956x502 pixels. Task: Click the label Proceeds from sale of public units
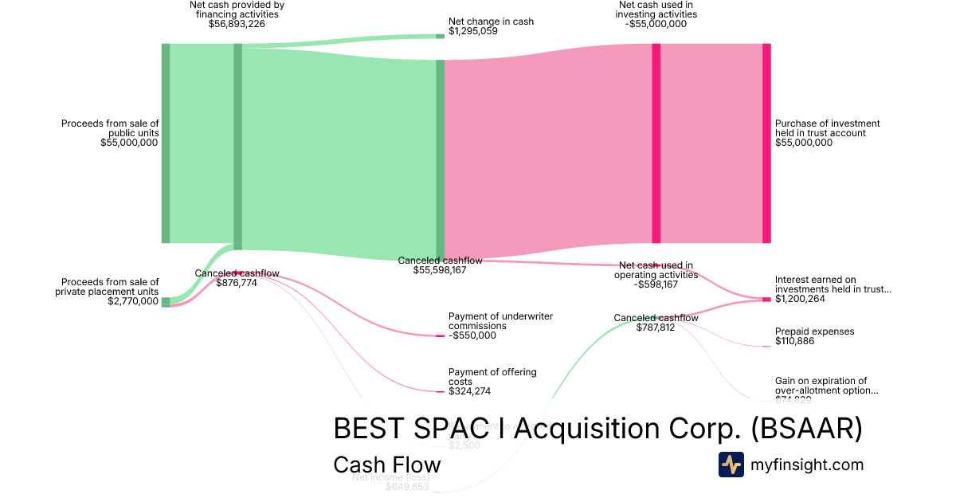[110, 128]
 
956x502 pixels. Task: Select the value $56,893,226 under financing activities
[237, 24]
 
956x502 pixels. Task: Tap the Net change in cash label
[491, 22]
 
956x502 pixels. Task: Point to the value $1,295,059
[473, 32]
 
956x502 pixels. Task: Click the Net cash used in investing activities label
[656, 10]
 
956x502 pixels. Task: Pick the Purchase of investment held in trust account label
[827, 128]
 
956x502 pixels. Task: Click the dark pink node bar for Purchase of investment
[766, 143]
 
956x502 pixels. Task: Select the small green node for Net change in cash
[440, 36]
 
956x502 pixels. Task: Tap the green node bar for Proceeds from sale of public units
[166, 143]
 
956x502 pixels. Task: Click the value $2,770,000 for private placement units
[132, 301]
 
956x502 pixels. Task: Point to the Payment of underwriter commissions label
[500, 321]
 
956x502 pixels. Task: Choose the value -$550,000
[472, 335]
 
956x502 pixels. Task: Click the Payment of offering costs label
[492, 377]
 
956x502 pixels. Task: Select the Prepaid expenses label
[814, 331]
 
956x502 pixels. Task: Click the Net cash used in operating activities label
[656, 270]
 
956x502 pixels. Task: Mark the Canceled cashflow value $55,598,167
[440, 270]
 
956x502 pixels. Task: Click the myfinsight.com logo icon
[731, 465]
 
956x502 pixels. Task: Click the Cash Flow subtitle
[386, 465]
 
